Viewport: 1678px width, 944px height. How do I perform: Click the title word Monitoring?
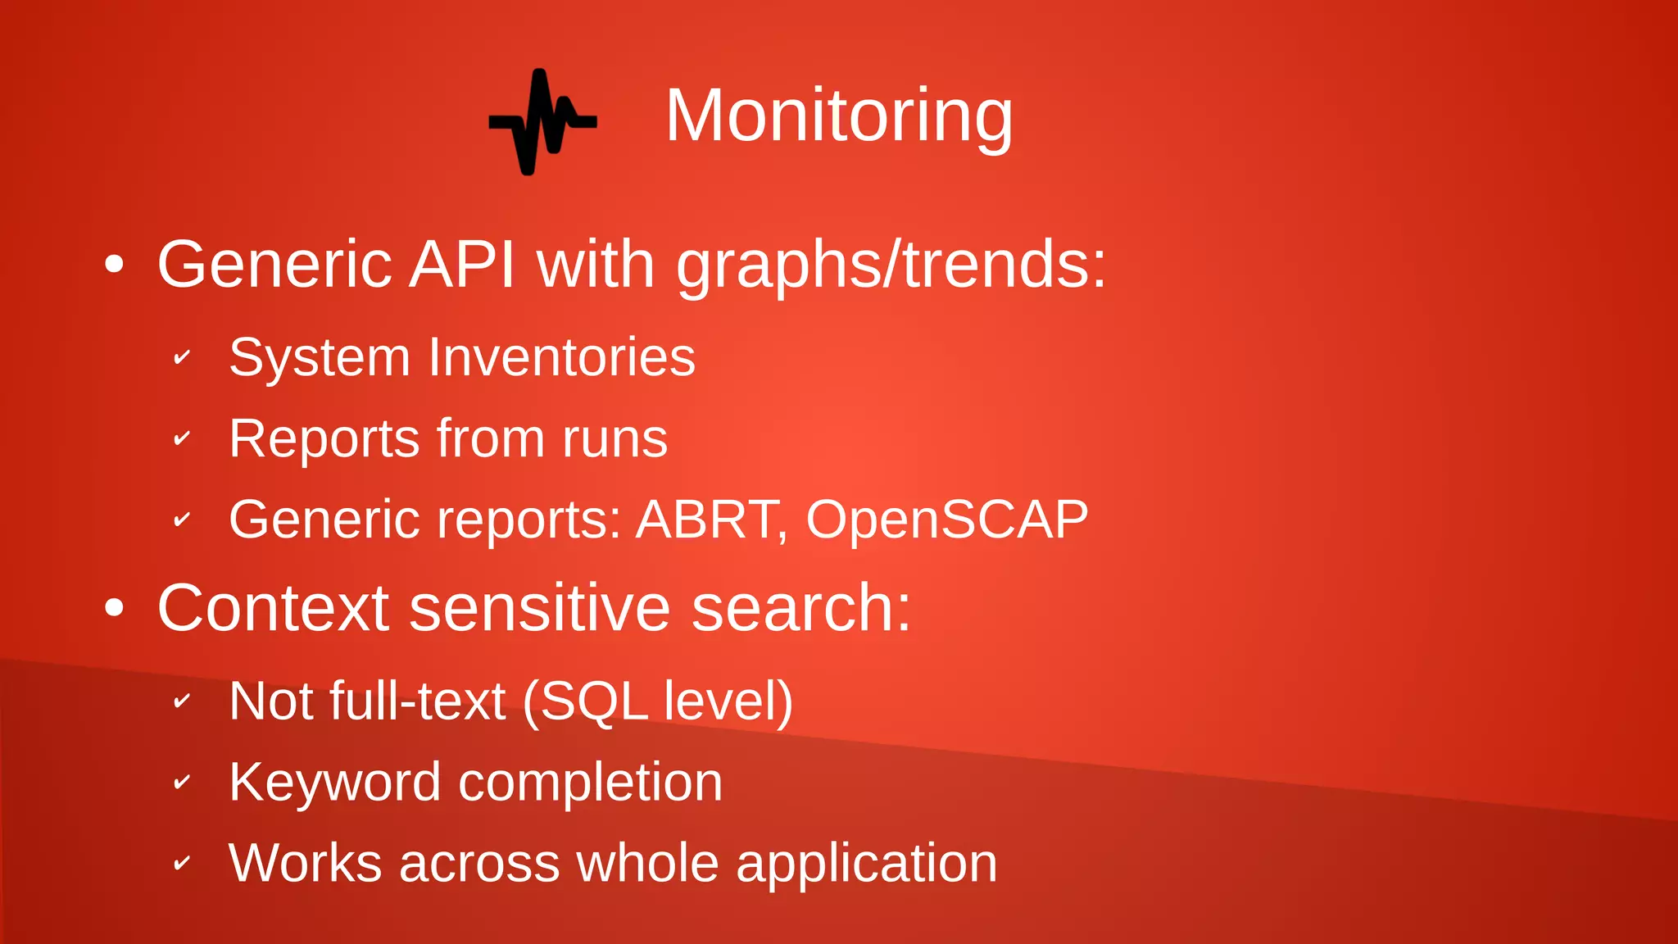pos(838,116)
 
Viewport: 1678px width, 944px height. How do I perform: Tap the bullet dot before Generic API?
pos(115,265)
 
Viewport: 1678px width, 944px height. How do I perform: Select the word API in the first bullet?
pos(461,265)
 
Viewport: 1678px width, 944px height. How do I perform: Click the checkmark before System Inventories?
pos(182,357)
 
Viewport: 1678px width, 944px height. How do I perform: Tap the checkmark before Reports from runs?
pos(182,438)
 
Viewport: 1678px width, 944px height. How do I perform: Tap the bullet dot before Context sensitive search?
pos(115,608)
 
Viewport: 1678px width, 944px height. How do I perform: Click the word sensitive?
pos(539,608)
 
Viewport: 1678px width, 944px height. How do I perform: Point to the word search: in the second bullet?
pos(800,608)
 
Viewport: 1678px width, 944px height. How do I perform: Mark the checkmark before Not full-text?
pos(182,701)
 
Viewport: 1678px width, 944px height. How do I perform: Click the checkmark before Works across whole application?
pos(182,863)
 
